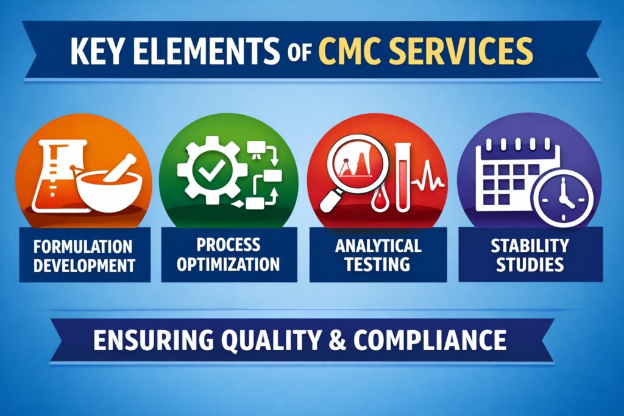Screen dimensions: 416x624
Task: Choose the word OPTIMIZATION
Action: [x=229, y=264]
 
